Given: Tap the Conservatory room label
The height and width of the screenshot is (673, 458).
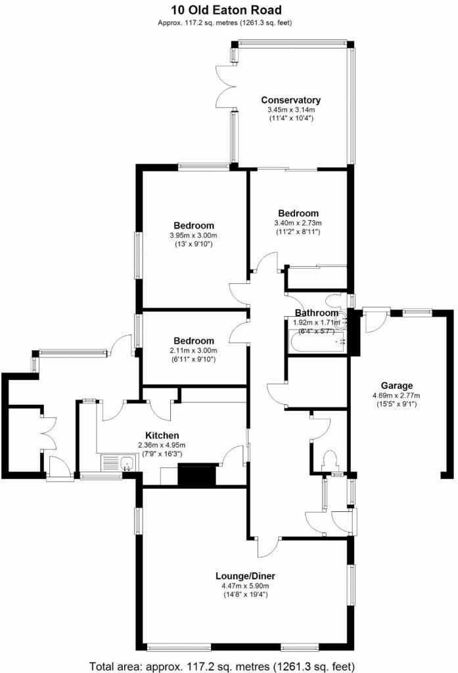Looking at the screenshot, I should pyautogui.click(x=290, y=100).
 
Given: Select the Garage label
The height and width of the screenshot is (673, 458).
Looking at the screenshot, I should pyautogui.click(x=397, y=386).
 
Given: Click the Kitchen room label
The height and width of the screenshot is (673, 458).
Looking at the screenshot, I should pyautogui.click(x=162, y=435).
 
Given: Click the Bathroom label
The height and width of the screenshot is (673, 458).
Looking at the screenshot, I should pyautogui.click(x=317, y=313).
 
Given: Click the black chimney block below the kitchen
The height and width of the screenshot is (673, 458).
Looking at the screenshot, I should pyautogui.click(x=197, y=475).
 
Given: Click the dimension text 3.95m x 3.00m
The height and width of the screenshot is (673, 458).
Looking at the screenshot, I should pyautogui.click(x=193, y=235).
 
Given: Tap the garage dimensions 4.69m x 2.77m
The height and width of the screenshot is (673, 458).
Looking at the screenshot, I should pyautogui.click(x=396, y=396).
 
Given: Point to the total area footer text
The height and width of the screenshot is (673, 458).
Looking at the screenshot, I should pyautogui.click(x=229, y=664).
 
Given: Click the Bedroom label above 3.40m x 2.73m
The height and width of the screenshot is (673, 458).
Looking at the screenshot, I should pyautogui.click(x=298, y=213).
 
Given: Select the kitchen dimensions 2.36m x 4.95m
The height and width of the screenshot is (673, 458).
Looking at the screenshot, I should pyautogui.click(x=162, y=445).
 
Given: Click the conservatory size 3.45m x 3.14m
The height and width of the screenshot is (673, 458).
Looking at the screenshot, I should pyautogui.click(x=290, y=110).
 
